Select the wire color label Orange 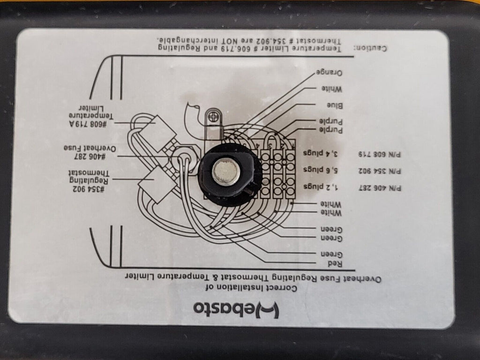[329, 73]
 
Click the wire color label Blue [335, 105]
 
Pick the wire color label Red [335, 263]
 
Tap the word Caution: [370, 48]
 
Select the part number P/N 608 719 [380, 154]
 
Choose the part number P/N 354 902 [380, 171]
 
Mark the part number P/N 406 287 [380, 188]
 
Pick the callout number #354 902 [89, 189]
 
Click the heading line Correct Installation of [252, 288]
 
